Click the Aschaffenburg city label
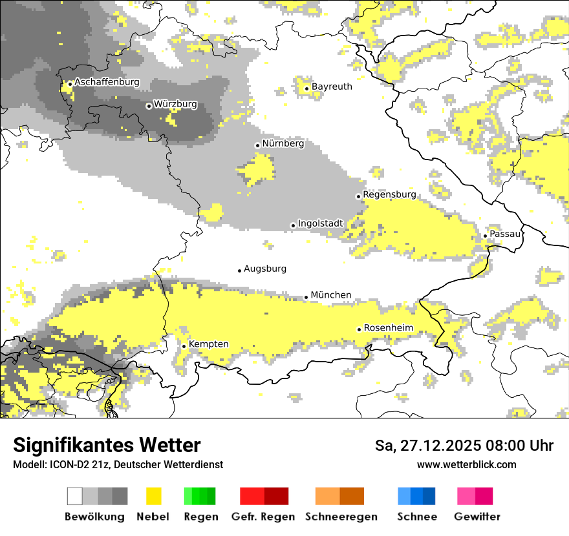pyautogui.click(x=107, y=82)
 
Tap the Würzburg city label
pyautogui.click(x=175, y=104)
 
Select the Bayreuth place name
pyautogui.click(x=332, y=87)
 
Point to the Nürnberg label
pyautogui.click(x=283, y=143)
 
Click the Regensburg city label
pyautogui.click(x=389, y=194)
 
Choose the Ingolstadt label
pyautogui.click(x=320, y=224)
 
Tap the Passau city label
pyautogui.click(x=505, y=234)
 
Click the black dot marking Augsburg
pyautogui.click(x=239, y=271)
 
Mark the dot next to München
pyautogui.click(x=306, y=297)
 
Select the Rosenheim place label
pyautogui.click(x=388, y=328)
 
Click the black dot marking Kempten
pyautogui.click(x=184, y=346)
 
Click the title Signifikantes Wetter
pyautogui.click(x=107, y=445)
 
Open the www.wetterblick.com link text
pyautogui.click(x=466, y=464)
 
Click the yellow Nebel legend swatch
pyautogui.click(x=153, y=496)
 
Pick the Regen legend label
pyautogui.click(x=200, y=517)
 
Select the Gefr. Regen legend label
pyautogui.click(x=263, y=517)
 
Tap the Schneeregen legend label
pyautogui.click(x=341, y=517)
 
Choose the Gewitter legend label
pyautogui.click(x=477, y=517)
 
